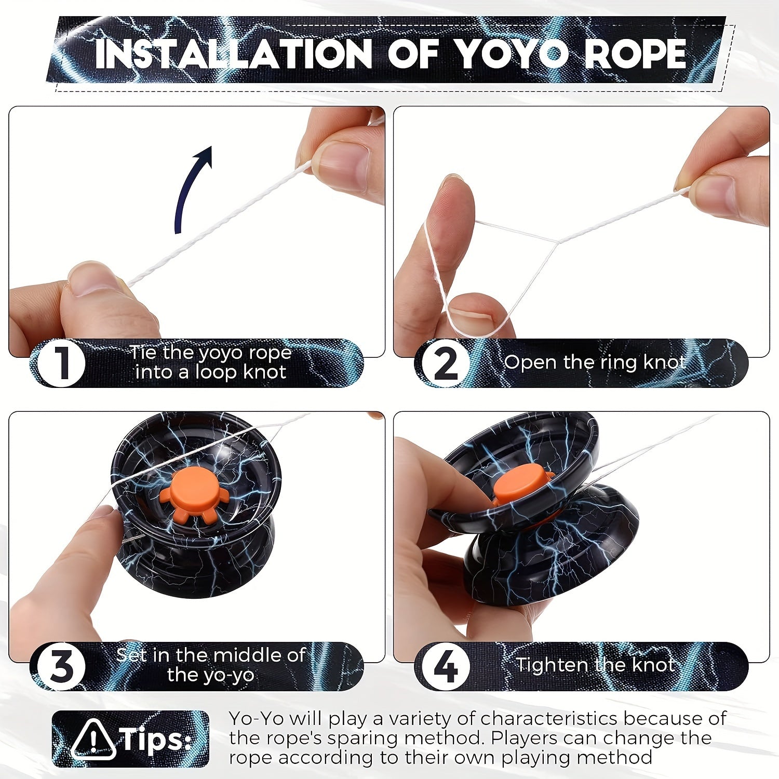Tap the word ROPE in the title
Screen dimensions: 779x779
tap(635, 53)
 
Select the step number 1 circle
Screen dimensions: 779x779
tap(62, 362)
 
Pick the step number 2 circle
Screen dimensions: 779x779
tap(446, 362)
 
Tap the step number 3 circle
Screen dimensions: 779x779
tap(62, 666)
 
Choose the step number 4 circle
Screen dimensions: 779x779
tap(446, 666)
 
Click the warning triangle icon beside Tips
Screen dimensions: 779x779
tap(93, 739)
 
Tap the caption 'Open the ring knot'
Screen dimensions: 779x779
tap(594, 362)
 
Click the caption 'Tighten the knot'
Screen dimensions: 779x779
tap(595, 665)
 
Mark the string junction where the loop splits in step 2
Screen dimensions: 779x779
tap(557, 242)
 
